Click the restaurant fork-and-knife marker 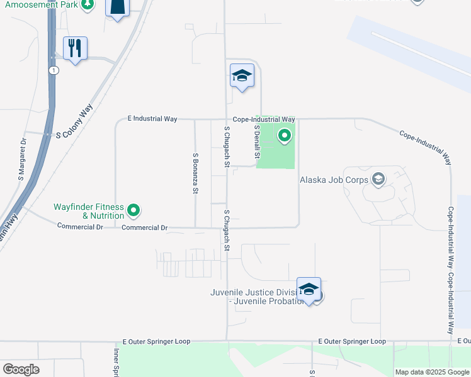point(75,48)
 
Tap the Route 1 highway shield point(55,70)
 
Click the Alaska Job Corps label point(334,180)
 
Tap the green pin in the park point(285,135)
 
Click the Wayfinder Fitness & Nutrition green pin point(133,210)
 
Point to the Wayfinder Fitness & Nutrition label point(89,210)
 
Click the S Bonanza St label point(196,172)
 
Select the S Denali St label point(257,141)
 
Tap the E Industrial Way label point(152,118)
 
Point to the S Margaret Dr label point(23,159)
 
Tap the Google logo point(21,369)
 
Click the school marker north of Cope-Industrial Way point(242,76)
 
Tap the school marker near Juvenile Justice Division point(309,289)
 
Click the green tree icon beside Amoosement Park point(88,4)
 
